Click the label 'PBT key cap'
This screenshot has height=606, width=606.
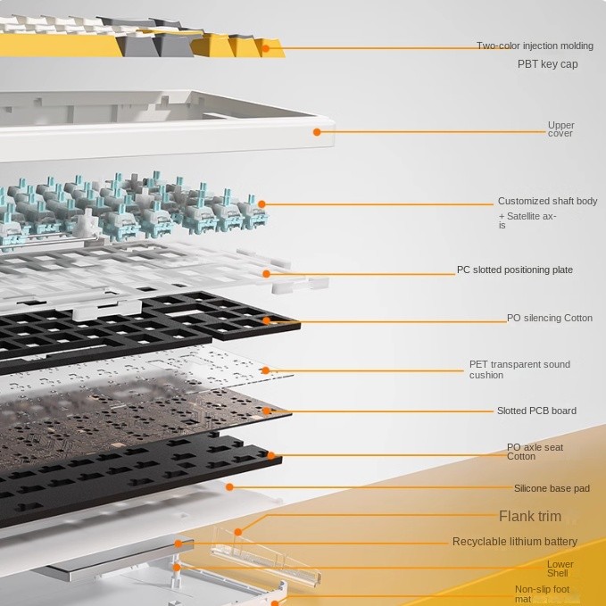(x=547, y=64)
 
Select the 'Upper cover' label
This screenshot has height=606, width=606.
(x=560, y=129)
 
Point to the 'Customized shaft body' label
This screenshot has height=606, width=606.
(x=547, y=202)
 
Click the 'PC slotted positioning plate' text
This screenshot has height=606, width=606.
(x=515, y=270)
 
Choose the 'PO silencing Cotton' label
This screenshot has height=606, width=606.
(x=549, y=318)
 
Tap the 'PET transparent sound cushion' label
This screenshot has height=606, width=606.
(x=519, y=369)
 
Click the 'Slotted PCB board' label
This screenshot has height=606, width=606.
(x=536, y=411)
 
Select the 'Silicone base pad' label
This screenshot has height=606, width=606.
(x=552, y=488)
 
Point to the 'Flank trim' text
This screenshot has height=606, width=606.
(x=530, y=516)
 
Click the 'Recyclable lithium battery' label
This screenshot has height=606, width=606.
(x=515, y=542)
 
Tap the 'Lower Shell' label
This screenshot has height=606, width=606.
(x=560, y=569)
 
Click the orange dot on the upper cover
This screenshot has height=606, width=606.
(x=317, y=132)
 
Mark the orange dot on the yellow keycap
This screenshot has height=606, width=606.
(x=265, y=46)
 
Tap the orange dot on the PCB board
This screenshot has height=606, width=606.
(x=267, y=411)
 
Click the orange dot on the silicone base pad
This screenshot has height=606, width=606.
(x=229, y=487)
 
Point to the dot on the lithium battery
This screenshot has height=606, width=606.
(x=178, y=543)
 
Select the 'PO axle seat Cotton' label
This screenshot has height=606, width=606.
(x=535, y=452)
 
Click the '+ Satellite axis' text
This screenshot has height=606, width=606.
(x=527, y=220)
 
